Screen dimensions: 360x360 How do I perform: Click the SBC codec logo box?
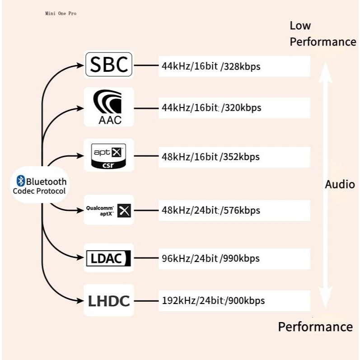109,65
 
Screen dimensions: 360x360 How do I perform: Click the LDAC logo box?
109,258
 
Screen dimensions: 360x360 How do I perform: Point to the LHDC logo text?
109,300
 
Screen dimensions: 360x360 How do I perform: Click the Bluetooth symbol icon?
20,182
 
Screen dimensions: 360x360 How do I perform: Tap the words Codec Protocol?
39,191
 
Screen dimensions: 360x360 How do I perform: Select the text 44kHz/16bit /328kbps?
211,66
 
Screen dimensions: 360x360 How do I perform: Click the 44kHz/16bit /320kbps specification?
211,108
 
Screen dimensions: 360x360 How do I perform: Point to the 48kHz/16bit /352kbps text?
210,157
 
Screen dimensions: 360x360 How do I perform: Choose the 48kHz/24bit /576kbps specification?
211,210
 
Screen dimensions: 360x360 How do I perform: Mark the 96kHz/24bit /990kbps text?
210,258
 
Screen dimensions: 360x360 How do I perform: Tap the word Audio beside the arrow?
340,184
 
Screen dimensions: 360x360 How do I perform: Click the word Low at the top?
300,26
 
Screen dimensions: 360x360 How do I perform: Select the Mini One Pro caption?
61,14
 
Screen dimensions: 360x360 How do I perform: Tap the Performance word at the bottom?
315,327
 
